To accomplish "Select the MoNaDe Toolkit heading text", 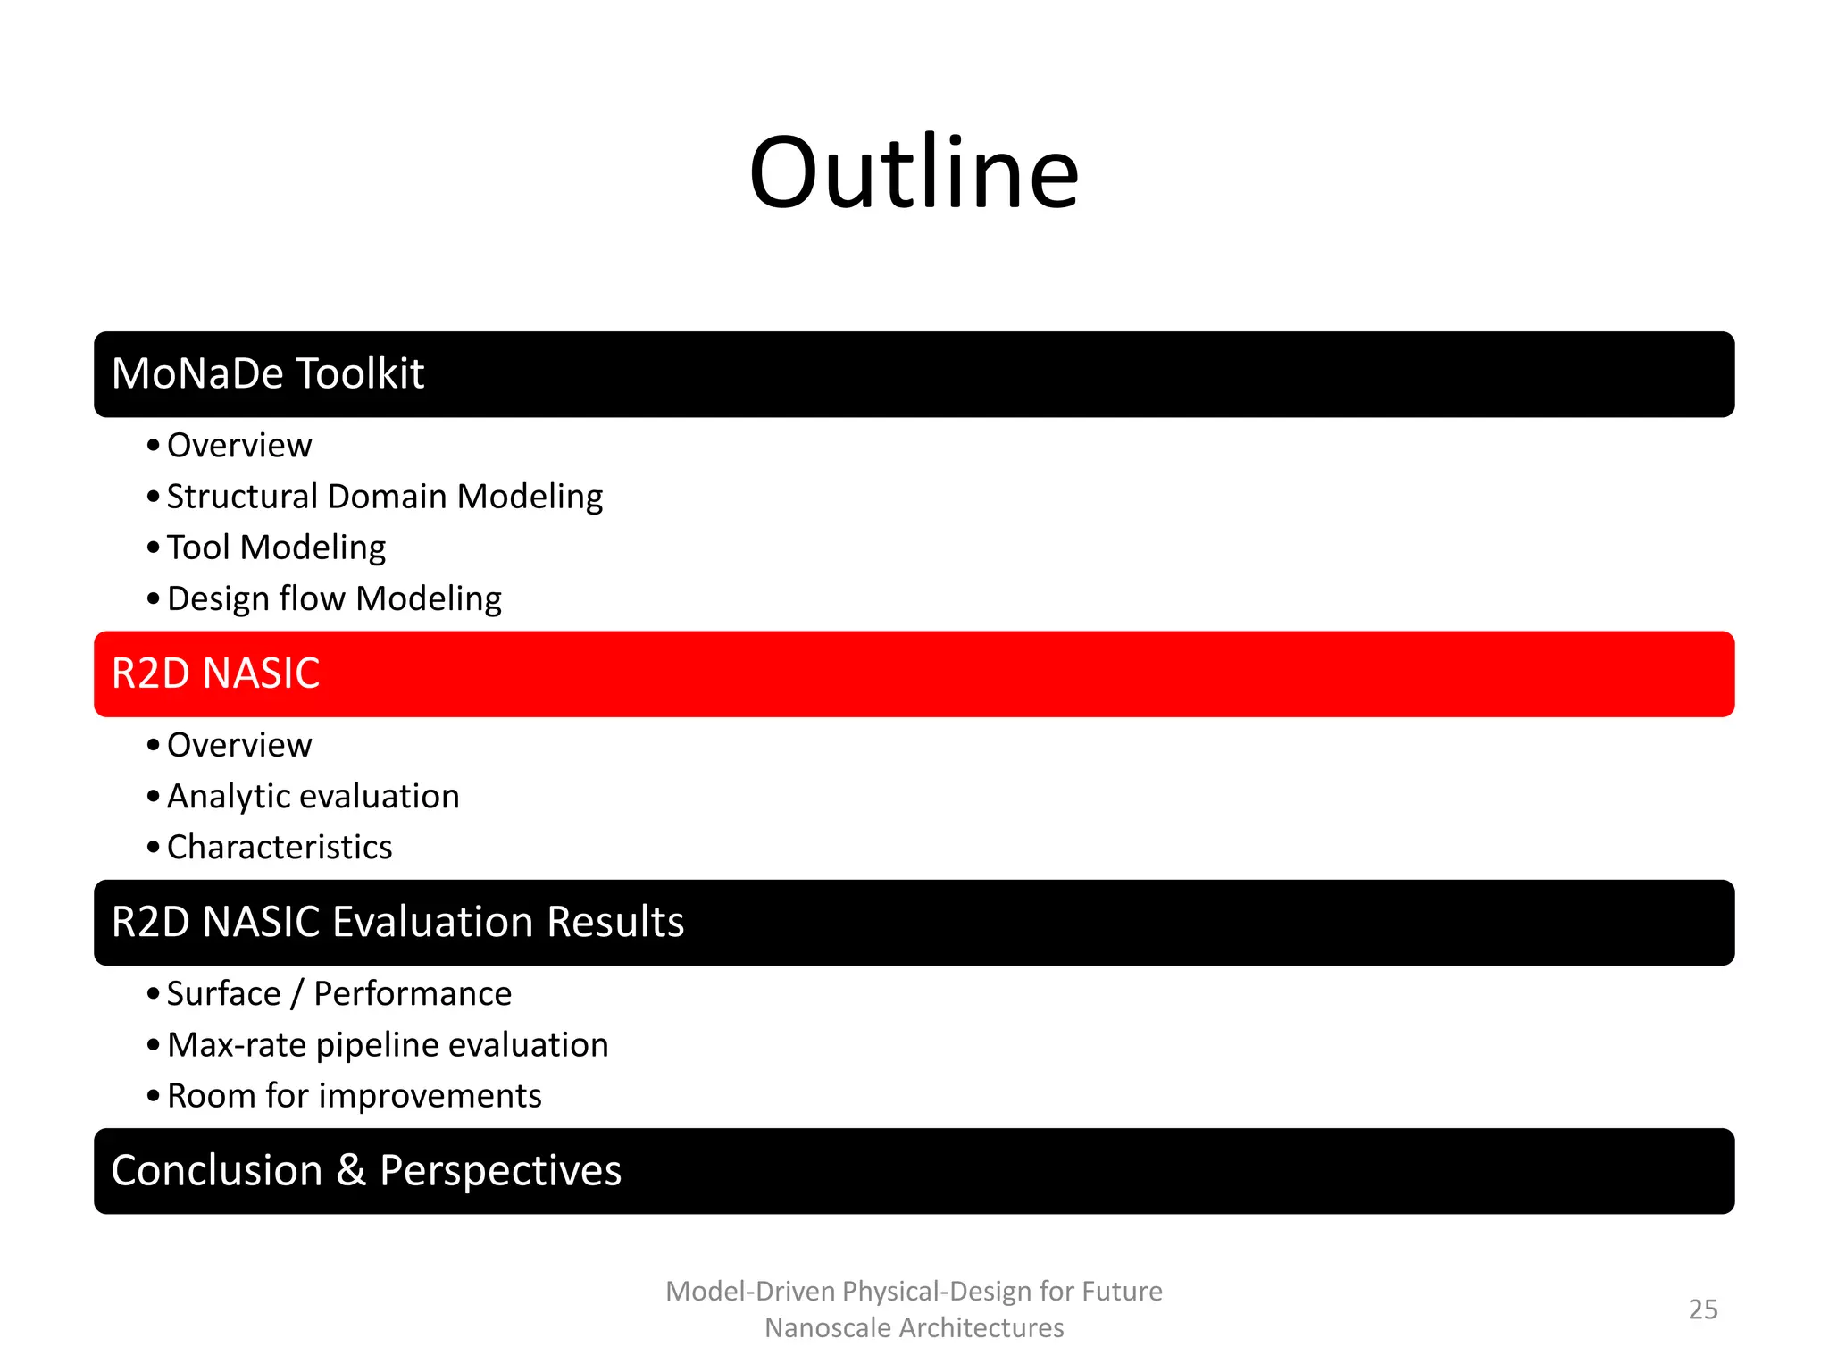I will pyautogui.click(x=267, y=373).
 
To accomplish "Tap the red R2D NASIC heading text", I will pyautogui.click(x=215, y=673).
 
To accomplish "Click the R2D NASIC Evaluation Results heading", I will pyautogui.click(x=397, y=922).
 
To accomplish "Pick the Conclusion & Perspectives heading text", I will pyautogui.click(x=366, y=1170).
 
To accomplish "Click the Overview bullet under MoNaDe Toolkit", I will pyautogui.click(x=239, y=445).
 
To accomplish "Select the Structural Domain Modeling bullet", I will pyautogui.click(x=385, y=497).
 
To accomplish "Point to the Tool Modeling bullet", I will pyautogui.click(x=276, y=548).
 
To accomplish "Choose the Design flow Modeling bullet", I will pyautogui.click(x=334, y=598).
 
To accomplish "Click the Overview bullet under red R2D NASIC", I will pyautogui.click(x=239, y=745).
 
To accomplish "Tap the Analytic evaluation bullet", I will pyautogui.click(x=313, y=796).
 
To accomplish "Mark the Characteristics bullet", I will pyautogui.click(x=280, y=847).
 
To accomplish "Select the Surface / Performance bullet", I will pyautogui.click(x=339, y=993).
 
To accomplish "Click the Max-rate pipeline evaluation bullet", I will pyautogui.click(x=388, y=1045).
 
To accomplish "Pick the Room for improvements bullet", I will pyautogui.click(x=355, y=1096).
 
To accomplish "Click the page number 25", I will pyautogui.click(x=1702, y=1309).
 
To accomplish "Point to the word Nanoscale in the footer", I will pyautogui.click(x=828, y=1328).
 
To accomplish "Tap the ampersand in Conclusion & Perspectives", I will pyautogui.click(x=351, y=1170).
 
